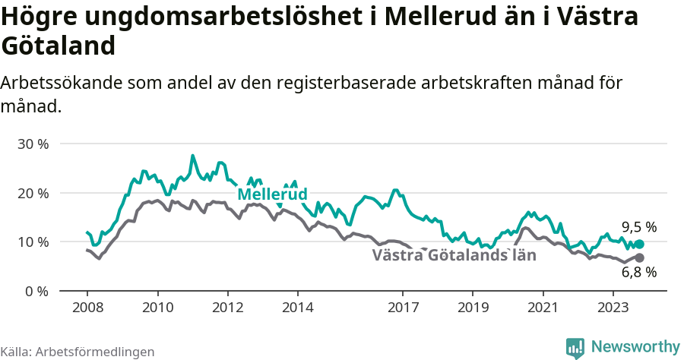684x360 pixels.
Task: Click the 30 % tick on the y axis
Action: tap(33, 144)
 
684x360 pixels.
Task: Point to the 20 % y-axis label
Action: tap(33, 193)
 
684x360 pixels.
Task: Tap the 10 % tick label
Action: tap(33, 242)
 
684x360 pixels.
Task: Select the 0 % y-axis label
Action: tap(36, 291)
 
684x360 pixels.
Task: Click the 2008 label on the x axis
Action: tap(87, 308)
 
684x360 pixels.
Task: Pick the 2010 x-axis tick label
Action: tap(157, 308)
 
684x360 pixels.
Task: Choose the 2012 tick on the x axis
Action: tap(227, 308)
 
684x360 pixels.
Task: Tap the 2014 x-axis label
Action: tap(297, 308)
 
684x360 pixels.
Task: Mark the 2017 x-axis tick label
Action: tap(403, 308)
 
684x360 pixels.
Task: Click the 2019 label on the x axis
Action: tap(473, 308)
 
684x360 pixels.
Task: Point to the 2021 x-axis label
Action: tap(543, 308)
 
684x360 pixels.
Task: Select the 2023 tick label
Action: tap(613, 308)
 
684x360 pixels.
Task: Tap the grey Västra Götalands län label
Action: tap(454, 255)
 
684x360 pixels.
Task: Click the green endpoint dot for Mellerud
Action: tap(639, 244)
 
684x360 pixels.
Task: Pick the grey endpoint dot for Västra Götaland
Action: tap(639, 257)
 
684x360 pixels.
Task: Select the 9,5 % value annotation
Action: tap(638, 226)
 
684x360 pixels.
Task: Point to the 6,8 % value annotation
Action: tap(638, 272)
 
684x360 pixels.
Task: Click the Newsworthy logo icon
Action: tap(575, 348)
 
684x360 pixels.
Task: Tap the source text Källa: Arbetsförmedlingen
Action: tap(78, 352)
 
